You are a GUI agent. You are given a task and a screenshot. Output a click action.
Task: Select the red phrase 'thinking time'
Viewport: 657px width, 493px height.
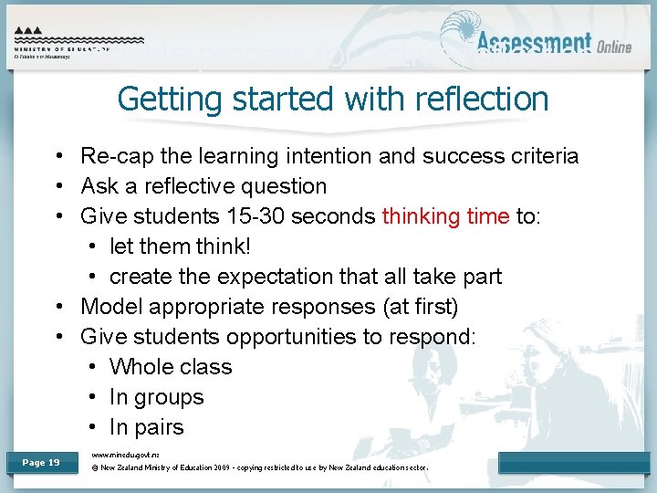tap(445, 216)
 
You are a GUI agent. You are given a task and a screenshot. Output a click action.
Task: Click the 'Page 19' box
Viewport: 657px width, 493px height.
tap(41, 463)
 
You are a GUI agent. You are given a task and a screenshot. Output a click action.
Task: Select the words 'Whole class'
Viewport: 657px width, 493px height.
tap(171, 367)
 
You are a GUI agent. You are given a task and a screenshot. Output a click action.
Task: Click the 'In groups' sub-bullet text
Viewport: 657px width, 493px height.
tap(156, 397)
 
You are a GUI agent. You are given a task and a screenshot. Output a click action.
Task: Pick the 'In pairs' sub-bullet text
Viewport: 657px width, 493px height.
tap(146, 427)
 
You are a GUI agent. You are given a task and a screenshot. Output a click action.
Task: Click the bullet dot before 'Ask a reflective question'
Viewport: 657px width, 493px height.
tap(57, 186)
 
